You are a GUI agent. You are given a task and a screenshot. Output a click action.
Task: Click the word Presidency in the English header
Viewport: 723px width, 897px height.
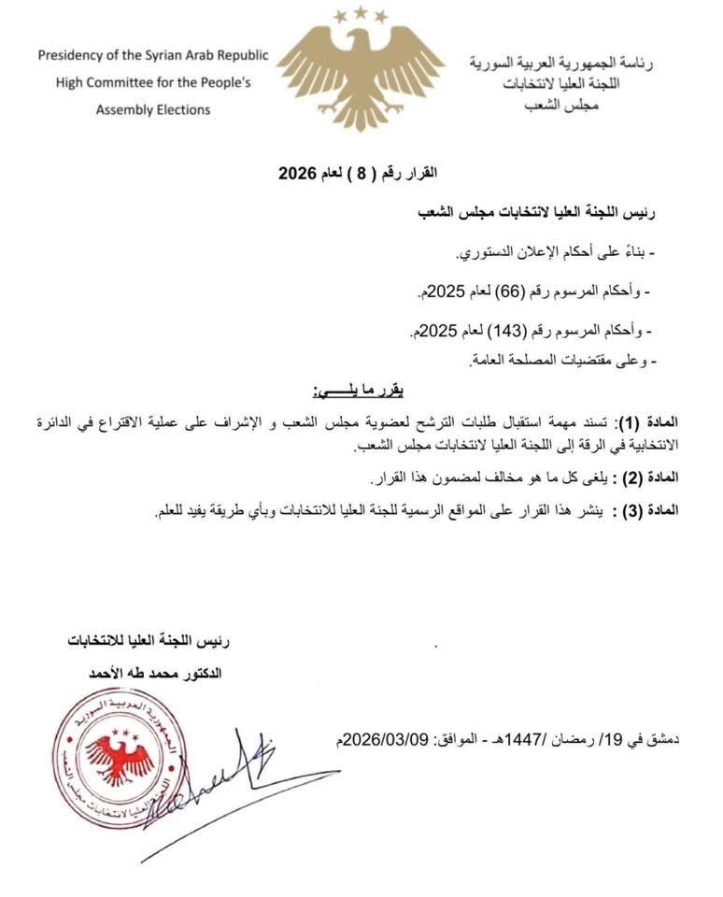pos(81,55)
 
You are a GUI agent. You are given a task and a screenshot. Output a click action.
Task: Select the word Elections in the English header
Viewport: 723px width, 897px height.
pos(182,109)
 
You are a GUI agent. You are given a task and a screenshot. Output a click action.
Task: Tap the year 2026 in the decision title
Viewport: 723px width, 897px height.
pos(299,174)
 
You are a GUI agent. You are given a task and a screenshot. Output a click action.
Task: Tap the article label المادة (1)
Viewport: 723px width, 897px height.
pos(678,423)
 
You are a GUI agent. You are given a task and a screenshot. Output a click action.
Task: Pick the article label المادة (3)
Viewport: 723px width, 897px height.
pos(678,510)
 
